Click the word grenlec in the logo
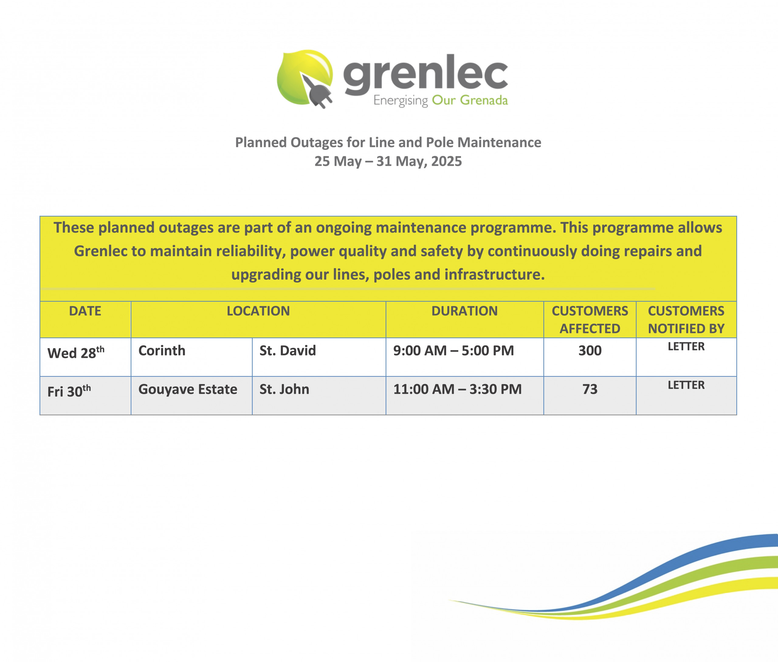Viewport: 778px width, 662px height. click(425, 75)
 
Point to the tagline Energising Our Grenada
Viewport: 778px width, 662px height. click(440, 100)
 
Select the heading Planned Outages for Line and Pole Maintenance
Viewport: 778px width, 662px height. click(388, 143)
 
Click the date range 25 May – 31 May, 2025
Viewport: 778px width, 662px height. click(388, 161)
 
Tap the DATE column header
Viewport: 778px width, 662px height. click(85, 311)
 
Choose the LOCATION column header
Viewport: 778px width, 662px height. click(258, 311)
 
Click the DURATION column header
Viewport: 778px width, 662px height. click(464, 311)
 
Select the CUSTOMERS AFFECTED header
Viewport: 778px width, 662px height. click(590, 320)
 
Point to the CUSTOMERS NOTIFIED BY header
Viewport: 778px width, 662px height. click(686, 320)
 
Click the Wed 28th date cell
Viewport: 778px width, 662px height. click(76, 352)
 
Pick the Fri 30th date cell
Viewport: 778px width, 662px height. click(69, 391)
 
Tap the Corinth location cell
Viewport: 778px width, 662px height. click(162, 351)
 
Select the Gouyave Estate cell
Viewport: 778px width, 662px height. click(188, 390)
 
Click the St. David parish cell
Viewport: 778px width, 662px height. click(288, 351)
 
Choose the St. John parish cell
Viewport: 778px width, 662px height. click(284, 389)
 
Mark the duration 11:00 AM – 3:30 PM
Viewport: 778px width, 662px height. click(457, 389)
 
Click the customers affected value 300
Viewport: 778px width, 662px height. click(590, 351)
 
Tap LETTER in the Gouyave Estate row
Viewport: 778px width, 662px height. click(686, 385)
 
